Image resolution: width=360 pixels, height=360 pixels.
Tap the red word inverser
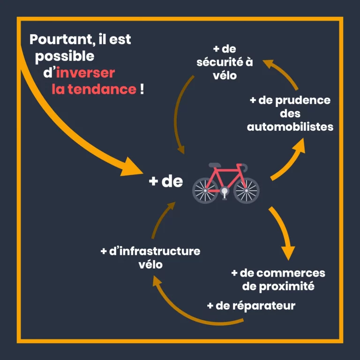click(85, 73)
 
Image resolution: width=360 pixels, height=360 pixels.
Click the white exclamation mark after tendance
click(142, 89)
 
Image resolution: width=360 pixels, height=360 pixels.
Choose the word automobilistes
click(290, 127)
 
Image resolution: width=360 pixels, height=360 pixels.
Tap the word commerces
click(296, 273)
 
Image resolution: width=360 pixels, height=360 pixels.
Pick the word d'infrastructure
click(155, 251)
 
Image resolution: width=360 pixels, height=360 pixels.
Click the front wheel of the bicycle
click(246, 190)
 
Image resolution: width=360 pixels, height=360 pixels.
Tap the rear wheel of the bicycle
click(205, 190)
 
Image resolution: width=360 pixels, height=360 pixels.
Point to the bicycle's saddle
click(215, 165)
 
